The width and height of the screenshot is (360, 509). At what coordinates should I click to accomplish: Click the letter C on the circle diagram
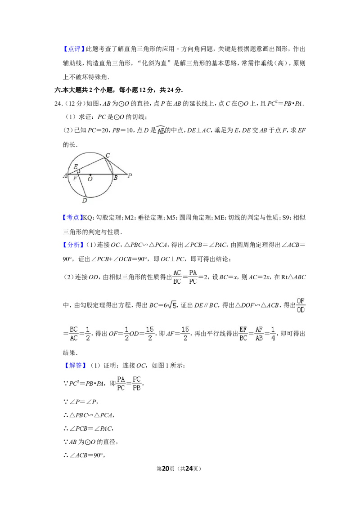(108, 155)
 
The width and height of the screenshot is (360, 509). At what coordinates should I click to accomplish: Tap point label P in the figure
(130, 176)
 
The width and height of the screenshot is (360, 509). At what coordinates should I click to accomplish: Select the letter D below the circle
(85, 201)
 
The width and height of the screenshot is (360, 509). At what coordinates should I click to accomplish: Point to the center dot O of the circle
(90, 174)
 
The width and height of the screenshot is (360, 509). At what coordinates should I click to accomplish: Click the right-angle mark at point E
(78, 170)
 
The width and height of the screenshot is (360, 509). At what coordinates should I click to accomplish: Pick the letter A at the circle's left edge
(65, 176)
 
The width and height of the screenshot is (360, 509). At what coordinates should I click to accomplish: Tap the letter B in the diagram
(115, 178)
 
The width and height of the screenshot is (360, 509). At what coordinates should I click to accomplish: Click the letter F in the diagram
(75, 178)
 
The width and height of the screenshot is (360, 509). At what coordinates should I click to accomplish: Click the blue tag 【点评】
(74, 49)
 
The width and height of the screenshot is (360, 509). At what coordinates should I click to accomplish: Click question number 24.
(58, 103)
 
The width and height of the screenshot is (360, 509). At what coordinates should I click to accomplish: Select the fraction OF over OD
(301, 305)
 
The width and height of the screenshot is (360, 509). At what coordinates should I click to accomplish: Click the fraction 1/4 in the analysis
(273, 334)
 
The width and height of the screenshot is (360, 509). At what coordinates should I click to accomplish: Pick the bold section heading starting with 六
(119, 90)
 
